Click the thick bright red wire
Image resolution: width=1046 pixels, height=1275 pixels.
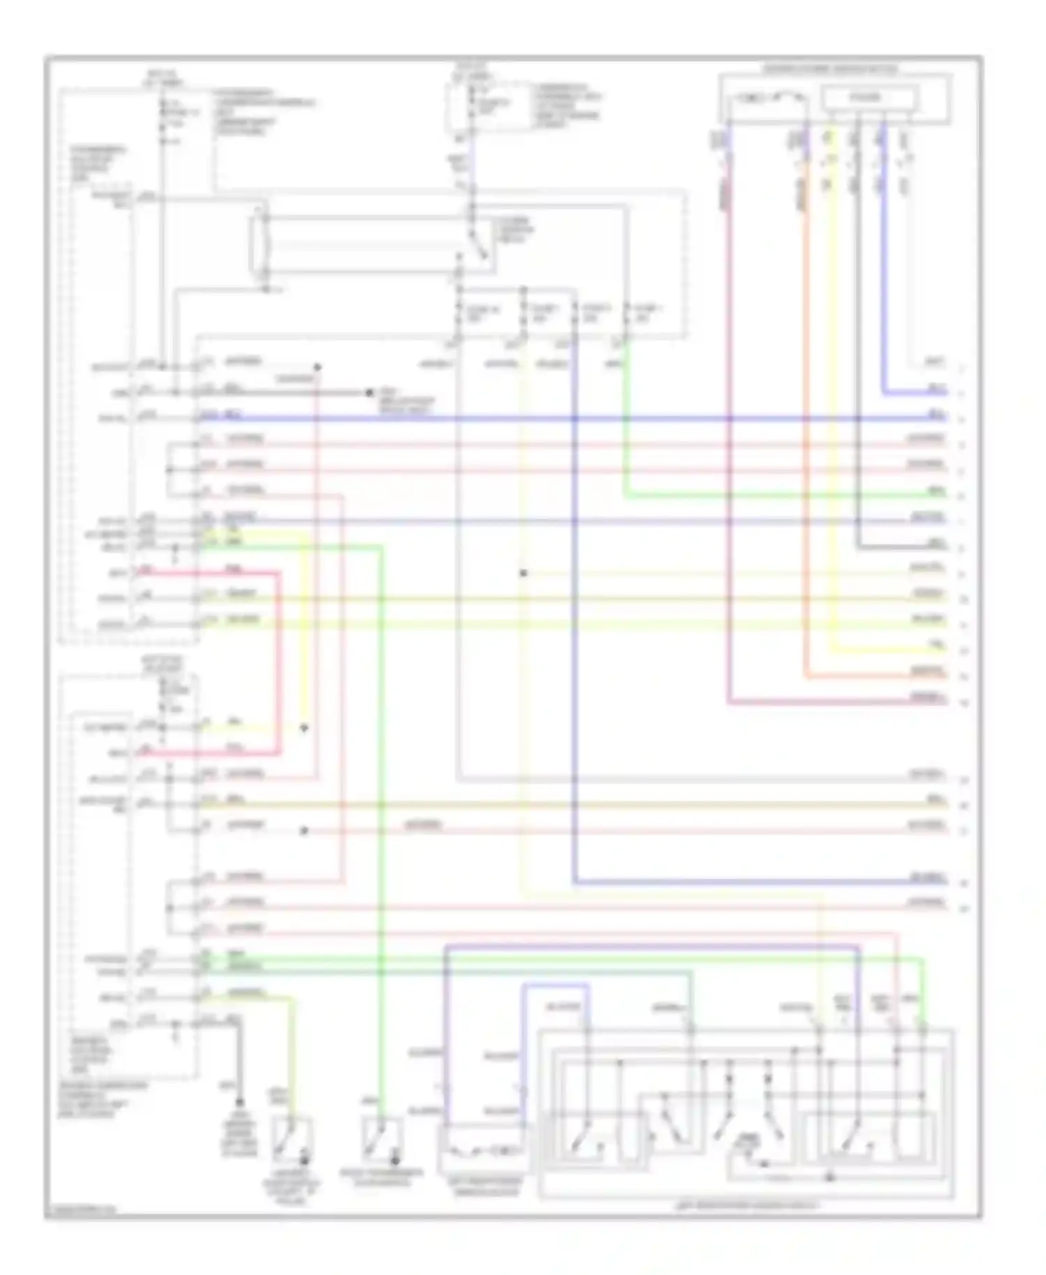279,663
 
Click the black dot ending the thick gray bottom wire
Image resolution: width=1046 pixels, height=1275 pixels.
239,1103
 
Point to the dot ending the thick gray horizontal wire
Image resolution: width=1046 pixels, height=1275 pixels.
370,393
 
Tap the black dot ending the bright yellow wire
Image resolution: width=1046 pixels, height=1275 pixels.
304,728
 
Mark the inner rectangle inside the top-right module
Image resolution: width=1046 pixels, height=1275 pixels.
867,98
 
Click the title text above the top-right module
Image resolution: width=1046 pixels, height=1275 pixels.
830,69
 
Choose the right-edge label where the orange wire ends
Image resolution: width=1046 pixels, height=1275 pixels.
927,672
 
